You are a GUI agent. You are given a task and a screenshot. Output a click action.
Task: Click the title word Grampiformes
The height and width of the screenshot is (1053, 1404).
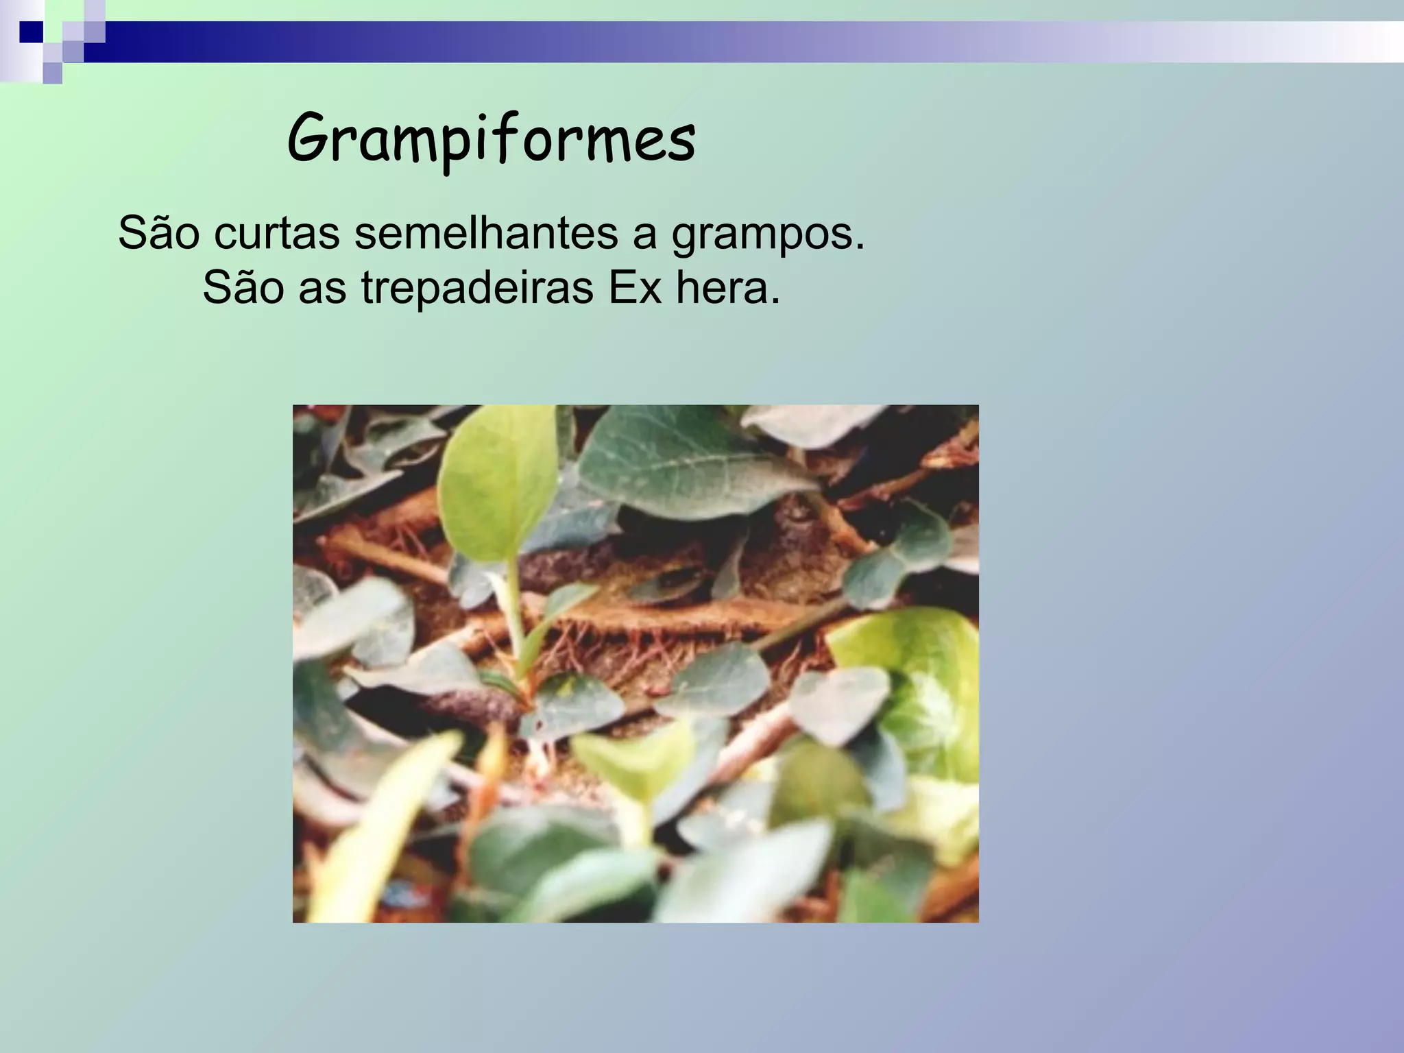(491, 139)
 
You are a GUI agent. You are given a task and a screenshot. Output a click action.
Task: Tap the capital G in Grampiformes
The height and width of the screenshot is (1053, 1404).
(309, 138)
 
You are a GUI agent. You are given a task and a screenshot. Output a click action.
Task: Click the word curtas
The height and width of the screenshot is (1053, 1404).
(276, 233)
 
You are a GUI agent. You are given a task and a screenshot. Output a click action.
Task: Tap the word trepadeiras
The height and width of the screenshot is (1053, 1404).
(477, 289)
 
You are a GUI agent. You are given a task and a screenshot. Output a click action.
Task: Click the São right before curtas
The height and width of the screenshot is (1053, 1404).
(159, 233)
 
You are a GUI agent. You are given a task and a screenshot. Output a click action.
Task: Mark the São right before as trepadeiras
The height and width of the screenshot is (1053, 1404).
(243, 288)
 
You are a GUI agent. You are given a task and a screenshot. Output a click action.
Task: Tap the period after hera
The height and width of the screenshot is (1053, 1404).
(775, 302)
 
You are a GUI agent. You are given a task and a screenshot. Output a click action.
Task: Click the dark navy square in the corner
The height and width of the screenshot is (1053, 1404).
(31, 32)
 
